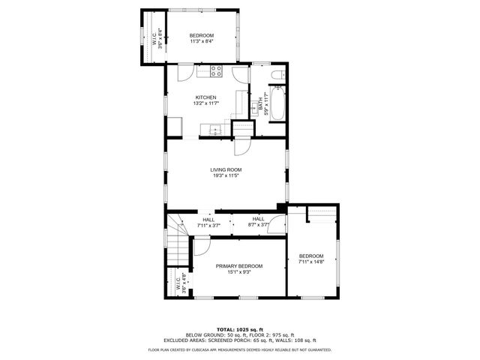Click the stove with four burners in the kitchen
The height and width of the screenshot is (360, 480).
[217, 72]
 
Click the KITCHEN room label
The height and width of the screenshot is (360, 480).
[206, 97]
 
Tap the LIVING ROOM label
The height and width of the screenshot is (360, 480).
[226, 169]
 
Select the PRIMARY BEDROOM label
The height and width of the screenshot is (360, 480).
[239, 266]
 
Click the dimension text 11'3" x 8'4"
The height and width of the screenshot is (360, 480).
[201, 43]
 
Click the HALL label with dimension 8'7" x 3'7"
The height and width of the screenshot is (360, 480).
[258, 218]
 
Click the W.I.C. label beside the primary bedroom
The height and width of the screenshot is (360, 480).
[178, 283]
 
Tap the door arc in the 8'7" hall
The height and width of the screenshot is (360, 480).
[277, 221]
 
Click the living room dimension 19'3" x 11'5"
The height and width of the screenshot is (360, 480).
[226, 176]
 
